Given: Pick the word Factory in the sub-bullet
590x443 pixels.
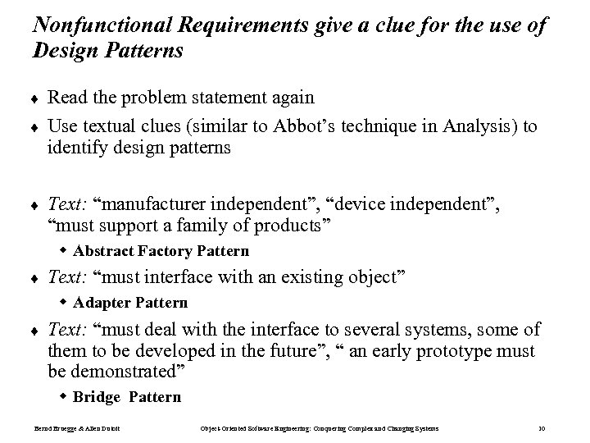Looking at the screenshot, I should [158, 251].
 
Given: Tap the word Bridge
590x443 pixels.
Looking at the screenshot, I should [96, 397].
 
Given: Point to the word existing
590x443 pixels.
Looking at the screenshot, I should [306, 276].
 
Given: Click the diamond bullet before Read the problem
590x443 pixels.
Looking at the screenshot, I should [35, 98].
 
